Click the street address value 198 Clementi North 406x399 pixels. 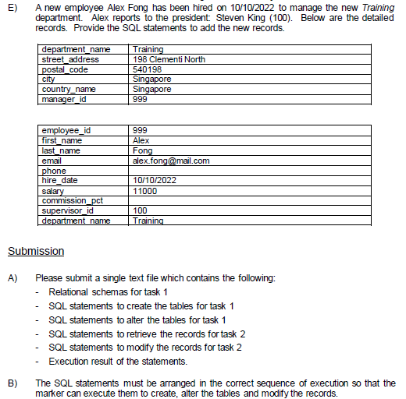tap(169, 58)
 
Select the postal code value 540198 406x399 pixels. tap(146, 69)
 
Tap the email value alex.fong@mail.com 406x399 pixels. tap(171, 161)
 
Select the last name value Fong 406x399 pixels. tap(143, 151)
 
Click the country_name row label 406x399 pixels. tap(69, 89)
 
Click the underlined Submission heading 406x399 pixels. tap(36, 252)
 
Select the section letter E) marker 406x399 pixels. tap(12, 8)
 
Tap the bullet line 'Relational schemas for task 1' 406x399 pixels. tap(108, 292)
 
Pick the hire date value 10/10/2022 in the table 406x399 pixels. tap(156, 181)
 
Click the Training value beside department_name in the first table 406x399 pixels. tap(148, 49)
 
